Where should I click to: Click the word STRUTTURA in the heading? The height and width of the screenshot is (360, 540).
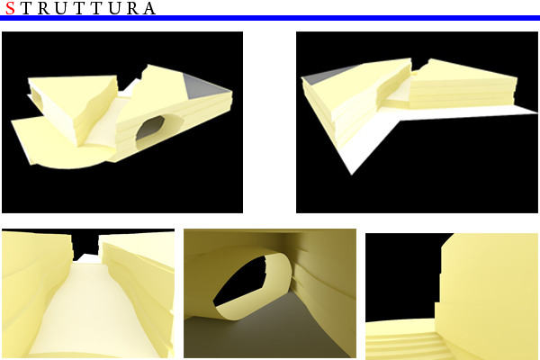(x=80, y=9)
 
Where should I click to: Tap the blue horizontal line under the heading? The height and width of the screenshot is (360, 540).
(x=270, y=18)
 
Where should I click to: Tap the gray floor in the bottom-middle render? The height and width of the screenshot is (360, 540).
(x=261, y=333)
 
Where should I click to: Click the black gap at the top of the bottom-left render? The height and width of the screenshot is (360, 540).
(x=85, y=241)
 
